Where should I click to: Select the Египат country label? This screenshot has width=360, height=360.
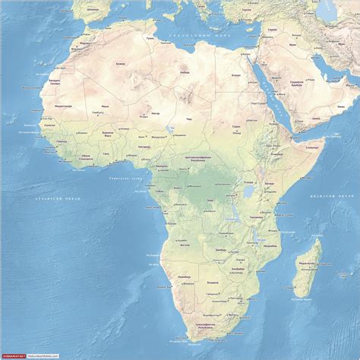point(235,74)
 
